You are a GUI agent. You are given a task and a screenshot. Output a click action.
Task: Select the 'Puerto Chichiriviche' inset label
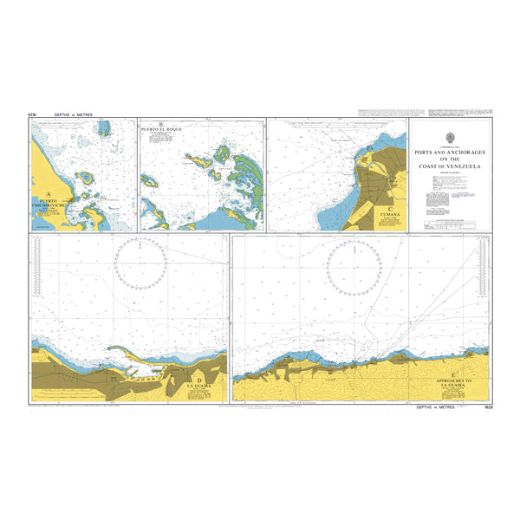[x=52, y=205]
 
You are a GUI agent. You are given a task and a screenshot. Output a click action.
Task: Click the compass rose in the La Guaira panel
[x=141, y=263]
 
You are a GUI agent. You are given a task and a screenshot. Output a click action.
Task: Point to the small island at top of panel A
[x=105, y=129]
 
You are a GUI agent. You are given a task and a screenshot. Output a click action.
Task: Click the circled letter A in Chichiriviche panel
[x=49, y=194]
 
